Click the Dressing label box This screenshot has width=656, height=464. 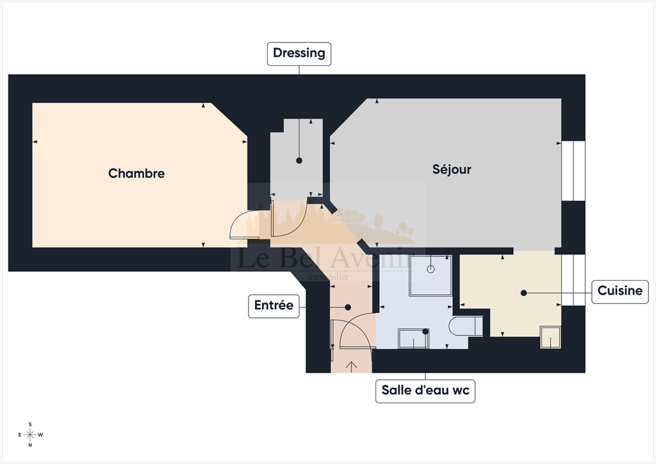coord(299,53)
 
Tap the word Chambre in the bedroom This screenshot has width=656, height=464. coord(136,173)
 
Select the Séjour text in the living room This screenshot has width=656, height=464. coord(452,169)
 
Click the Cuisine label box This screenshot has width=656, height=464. coord(619,291)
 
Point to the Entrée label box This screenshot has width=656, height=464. coord(274,306)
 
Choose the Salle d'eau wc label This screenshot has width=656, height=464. coord(425,390)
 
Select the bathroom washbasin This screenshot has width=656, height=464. coord(414,338)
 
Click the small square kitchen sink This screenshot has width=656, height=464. coord(550,337)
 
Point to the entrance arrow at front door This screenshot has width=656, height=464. coord(352,367)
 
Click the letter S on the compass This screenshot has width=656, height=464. coord(30,424)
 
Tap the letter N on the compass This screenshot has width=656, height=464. coord(30,445)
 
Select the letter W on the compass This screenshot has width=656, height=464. coord(41,435)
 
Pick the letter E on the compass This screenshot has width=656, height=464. coord(20,435)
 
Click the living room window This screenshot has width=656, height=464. coord(573,170)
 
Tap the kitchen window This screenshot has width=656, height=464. coord(573,280)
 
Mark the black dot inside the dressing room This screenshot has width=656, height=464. coord(299,161)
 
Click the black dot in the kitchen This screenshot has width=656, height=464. coord(523,293)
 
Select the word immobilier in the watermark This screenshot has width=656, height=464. coord(328,277)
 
